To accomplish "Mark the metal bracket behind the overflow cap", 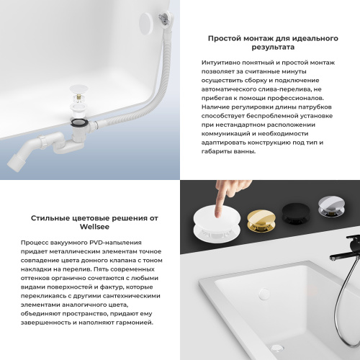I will coord(168,13).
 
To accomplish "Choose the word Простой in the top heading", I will coord(224,37).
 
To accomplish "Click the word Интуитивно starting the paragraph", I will coord(224,64).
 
